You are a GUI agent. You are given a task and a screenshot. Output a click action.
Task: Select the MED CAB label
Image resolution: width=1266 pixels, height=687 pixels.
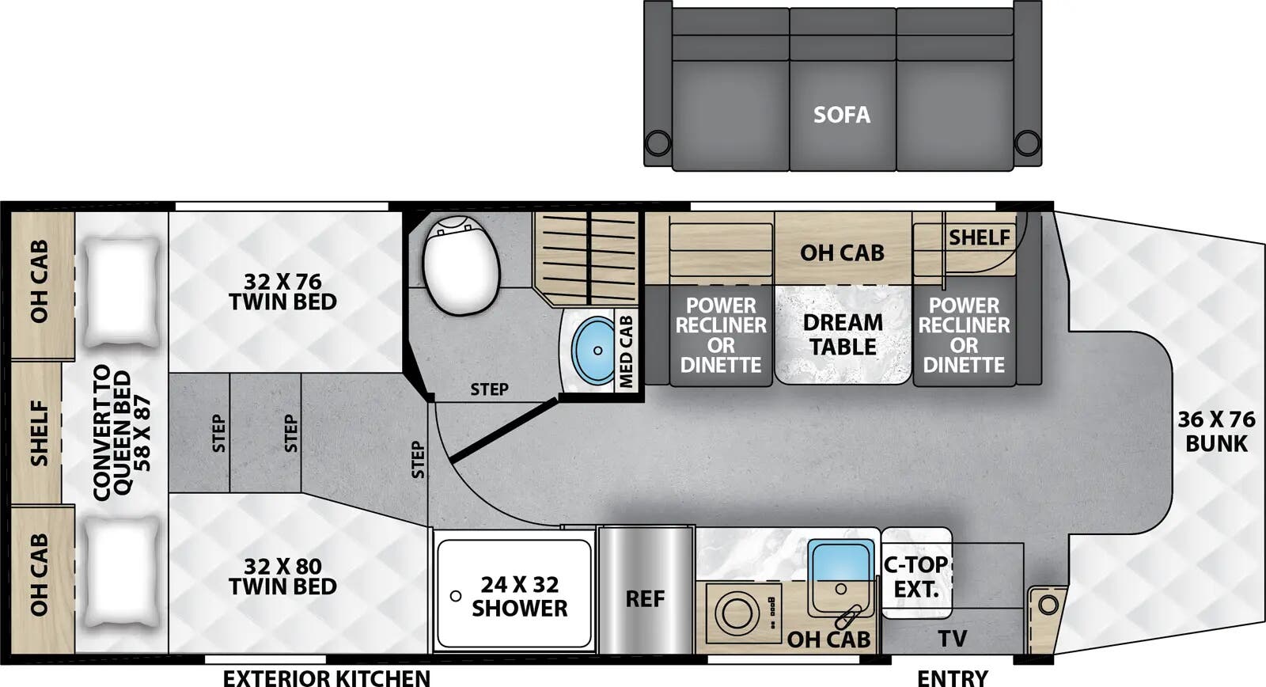[x=626, y=351]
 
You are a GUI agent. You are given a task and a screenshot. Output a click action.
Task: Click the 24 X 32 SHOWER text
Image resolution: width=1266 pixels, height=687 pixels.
[x=519, y=596]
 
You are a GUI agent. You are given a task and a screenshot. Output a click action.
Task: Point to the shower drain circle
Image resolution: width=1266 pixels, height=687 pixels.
[x=456, y=595]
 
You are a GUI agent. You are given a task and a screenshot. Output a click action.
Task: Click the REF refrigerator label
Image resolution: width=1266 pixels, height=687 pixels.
[x=645, y=599]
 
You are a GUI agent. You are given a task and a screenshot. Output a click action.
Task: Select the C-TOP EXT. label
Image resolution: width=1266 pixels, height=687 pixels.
[x=916, y=577]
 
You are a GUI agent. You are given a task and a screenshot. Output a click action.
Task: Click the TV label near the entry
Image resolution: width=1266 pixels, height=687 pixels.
[x=952, y=638]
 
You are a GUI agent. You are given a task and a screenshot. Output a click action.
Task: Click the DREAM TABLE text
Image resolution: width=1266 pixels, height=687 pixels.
[x=843, y=335]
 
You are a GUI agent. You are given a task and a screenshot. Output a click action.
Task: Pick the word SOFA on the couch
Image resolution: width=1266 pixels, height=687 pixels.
[x=842, y=115]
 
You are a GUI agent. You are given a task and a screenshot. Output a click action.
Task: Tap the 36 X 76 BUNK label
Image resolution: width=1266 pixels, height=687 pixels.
[x=1216, y=431]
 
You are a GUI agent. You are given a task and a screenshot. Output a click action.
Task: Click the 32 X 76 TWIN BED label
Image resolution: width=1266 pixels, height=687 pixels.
[x=282, y=291]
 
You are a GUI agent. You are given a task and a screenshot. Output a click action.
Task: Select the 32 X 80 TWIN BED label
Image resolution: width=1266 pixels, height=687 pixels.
[x=282, y=576]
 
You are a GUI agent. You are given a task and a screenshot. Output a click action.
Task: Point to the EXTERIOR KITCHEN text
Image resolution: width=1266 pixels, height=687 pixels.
[x=326, y=678]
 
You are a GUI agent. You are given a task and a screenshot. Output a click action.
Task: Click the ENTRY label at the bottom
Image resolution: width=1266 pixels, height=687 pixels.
[x=952, y=678]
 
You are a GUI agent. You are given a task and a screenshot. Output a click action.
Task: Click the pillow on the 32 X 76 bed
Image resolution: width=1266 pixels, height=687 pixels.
[x=121, y=292]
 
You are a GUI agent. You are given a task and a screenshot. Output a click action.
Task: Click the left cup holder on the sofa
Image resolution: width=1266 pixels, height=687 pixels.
[x=657, y=143]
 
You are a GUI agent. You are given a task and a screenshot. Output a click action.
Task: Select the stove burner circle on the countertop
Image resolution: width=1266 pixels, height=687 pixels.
[x=737, y=613]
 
